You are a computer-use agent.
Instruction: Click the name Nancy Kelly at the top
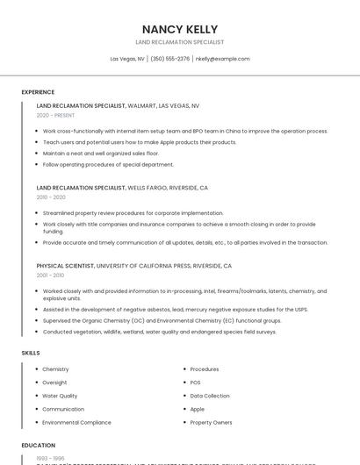(179, 29)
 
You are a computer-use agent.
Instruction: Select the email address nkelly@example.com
(222, 59)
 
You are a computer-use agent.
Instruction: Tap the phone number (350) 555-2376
(170, 59)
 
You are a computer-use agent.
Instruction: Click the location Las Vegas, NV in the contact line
(127, 59)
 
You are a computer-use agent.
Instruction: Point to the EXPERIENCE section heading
(38, 92)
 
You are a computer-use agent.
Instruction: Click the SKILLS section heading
(31, 353)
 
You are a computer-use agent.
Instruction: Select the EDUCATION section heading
(39, 446)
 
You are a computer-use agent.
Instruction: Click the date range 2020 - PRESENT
(55, 115)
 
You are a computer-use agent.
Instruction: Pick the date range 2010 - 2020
(51, 197)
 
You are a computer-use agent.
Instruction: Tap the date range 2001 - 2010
(51, 275)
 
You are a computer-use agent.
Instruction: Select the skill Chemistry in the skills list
(55, 369)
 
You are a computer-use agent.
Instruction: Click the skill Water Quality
(60, 396)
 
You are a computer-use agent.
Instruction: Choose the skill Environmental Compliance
(76, 422)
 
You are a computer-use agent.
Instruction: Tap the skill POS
(195, 383)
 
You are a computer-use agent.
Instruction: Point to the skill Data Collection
(209, 396)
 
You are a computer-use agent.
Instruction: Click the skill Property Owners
(211, 422)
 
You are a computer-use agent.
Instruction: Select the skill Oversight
(54, 383)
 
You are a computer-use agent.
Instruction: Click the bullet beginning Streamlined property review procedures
(133, 212)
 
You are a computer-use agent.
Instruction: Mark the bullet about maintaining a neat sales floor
(101, 153)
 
